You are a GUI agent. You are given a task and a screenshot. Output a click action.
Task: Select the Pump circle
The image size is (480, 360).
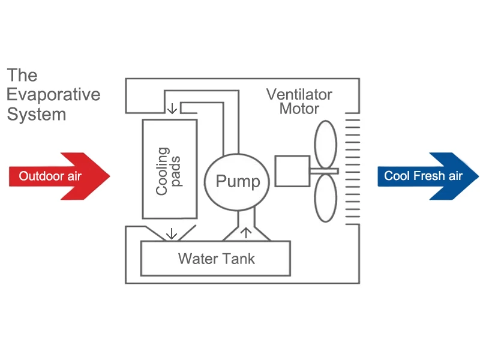(x=238, y=181)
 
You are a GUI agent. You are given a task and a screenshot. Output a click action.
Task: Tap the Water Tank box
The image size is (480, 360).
(x=215, y=259)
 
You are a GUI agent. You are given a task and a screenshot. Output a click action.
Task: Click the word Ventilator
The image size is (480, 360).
(x=299, y=95)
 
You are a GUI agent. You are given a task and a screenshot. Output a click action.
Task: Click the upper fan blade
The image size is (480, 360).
(x=326, y=143)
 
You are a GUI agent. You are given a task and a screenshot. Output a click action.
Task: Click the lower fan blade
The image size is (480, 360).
(x=326, y=198)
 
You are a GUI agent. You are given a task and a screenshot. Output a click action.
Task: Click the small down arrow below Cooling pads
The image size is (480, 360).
(x=172, y=233)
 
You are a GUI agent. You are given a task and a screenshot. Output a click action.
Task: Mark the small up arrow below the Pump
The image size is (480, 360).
(x=244, y=232)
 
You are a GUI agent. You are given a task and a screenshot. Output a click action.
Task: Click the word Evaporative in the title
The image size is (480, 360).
(x=54, y=95)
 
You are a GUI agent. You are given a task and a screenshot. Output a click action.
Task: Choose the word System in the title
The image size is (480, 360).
(x=36, y=114)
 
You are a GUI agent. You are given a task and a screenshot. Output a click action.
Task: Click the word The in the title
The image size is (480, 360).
(x=22, y=76)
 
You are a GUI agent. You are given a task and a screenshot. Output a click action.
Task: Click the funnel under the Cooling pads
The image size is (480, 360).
(x=172, y=233)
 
